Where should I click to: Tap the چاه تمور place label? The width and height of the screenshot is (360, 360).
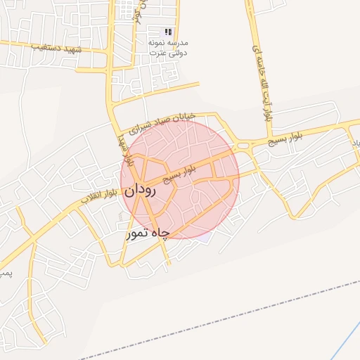[x=148, y=234]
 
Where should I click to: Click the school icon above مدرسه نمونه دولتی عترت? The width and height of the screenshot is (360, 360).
[x=167, y=32]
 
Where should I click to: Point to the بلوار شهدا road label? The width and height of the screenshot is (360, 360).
[x=124, y=147]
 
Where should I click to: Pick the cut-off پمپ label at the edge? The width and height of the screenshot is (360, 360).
[x=4, y=271]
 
